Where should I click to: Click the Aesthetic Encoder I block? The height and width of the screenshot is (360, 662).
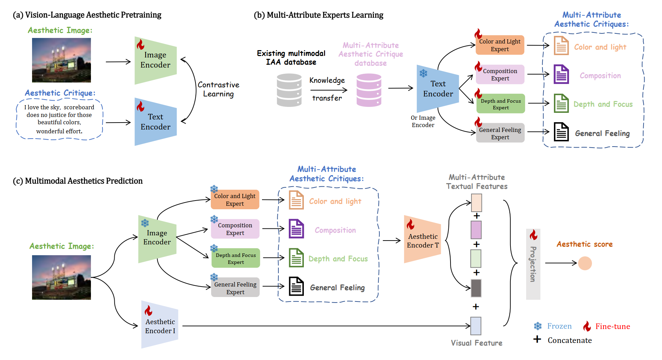[160, 325]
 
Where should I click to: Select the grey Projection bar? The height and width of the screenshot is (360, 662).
[533, 264]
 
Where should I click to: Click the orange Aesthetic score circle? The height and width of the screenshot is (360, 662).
[585, 263]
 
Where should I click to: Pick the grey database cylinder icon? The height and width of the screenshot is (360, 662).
[289, 90]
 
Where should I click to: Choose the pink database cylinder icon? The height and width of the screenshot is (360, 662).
[369, 90]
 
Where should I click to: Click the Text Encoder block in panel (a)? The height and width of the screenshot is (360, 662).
[155, 122]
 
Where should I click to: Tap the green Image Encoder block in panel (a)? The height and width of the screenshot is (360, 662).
[155, 60]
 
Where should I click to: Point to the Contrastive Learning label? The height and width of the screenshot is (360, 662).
[218, 89]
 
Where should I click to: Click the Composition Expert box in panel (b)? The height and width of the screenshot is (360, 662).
[500, 75]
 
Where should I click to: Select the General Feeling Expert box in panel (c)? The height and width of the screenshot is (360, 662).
[235, 288]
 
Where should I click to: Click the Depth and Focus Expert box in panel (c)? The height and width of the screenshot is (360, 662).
[236, 258]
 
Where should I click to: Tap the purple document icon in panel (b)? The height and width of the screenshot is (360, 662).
[561, 75]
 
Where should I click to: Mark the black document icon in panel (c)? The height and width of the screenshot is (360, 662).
[297, 287]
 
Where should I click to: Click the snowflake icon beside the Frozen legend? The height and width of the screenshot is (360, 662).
[538, 326]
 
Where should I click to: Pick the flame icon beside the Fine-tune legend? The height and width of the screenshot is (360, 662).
[587, 326]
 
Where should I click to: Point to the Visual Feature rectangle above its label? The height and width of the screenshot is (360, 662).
[476, 326]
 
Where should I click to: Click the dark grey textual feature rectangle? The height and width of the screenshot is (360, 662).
[476, 288]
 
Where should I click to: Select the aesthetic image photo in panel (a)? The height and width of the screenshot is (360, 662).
[61, 60]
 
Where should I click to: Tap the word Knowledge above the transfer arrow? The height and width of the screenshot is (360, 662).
[327, 80]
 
